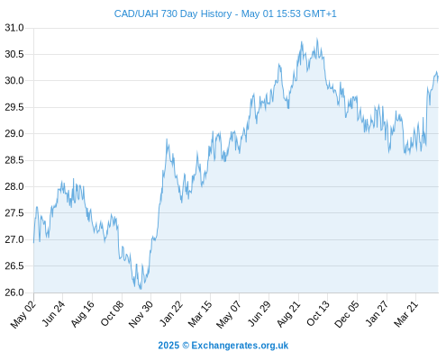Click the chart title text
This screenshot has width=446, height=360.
click(225, 13)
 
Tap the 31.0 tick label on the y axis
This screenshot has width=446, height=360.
click(14, 28)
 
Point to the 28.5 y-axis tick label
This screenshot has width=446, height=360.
click(14, 160)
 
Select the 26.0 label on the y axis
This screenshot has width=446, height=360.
click(14, 292)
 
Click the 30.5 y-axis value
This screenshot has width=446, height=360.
click(14, 54)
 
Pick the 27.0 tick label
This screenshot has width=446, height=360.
click(14, 239)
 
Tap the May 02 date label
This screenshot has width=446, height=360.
click(23, 314)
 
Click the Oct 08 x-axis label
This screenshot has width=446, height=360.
click(112, 313)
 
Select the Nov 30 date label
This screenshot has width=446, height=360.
click(141, 314)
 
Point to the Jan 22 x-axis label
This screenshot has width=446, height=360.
click(171, 313)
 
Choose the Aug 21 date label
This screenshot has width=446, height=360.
click(288, 313)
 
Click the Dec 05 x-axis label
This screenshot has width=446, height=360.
click(347, 314)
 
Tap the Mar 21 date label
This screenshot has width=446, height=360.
click(405, 313)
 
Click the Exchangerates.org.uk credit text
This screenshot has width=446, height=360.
click(240, 346)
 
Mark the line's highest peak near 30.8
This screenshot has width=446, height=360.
click(317, 39)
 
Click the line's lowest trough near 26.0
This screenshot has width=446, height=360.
click(141, 289)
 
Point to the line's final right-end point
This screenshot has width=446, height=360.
click(438, 76)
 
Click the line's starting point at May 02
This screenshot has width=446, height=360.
click(33, 242)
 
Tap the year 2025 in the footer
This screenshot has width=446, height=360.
click(168, 346)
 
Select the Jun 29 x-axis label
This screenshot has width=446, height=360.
click(259, 313)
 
